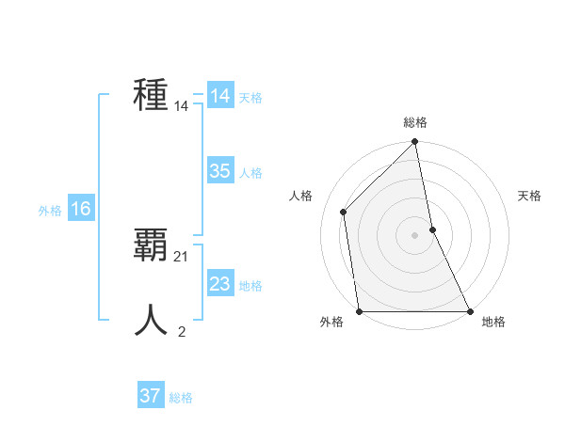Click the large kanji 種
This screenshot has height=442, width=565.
[x=152, y=95]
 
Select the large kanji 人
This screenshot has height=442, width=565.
[x=152, y=321]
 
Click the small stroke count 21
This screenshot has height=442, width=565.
[x=182, y=257]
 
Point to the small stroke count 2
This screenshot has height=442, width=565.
[x=182, y=331]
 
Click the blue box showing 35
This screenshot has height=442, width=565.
[x=219, y=171]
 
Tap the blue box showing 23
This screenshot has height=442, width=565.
[x=219, y=284]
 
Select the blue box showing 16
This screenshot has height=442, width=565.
[x=80, y=209]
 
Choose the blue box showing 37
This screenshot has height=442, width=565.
[x=150, y=396]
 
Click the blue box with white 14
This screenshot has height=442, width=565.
[x=219, y=96]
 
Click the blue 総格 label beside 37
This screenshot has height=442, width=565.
[x=181, y=398]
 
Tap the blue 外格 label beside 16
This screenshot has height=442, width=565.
[x=50, y=211]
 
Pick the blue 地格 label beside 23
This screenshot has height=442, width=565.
[x=250, y=286]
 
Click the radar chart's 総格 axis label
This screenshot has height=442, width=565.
[x=415, y=122]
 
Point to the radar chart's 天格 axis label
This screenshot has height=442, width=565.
[x=529, y=196]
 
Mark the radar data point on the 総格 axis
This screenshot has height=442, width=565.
[x=415, y=143]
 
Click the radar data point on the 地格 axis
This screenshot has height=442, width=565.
[x=469, y=310]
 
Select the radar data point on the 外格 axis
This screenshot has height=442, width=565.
[x=360, y=310]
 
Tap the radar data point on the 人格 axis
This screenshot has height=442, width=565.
[x=344, y=212]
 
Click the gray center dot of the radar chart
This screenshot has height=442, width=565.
[x=414, y=235]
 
